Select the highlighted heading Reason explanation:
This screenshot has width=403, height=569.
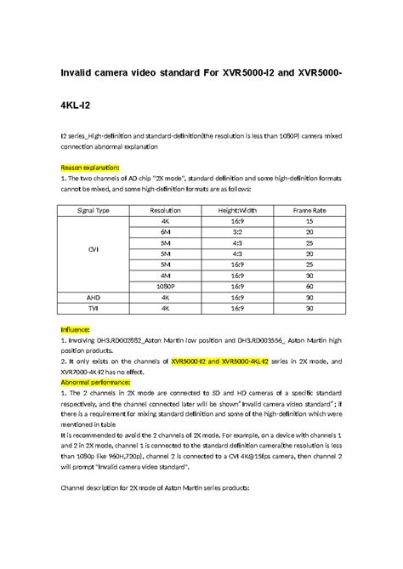click(x=89, y=168)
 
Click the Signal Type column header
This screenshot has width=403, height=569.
click(x=94, y=208)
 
